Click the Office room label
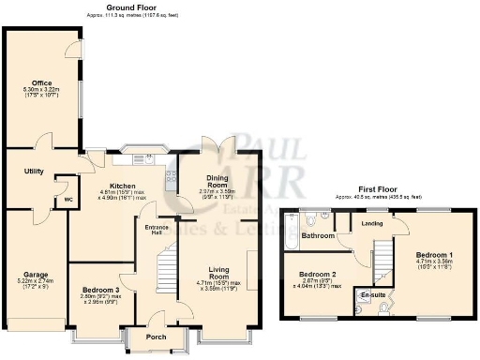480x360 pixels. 40,82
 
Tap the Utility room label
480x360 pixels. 35,172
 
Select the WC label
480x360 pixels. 68,200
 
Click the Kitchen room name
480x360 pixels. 124,186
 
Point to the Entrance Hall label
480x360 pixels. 156,230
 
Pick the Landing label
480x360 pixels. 372,223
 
